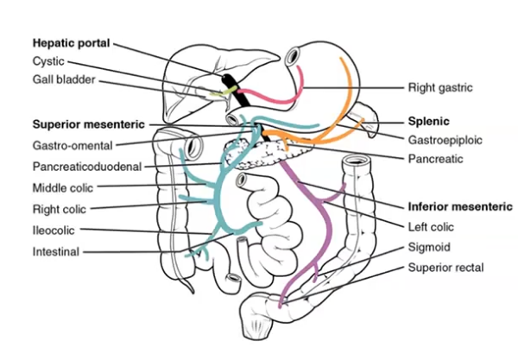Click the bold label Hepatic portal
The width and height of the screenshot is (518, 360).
coord(72,42)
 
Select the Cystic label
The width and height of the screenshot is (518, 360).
coord(48,61)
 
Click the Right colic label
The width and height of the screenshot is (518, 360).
coord(60,208)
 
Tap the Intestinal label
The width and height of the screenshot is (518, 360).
coord(56,251)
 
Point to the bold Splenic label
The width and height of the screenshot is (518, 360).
coord(429,122)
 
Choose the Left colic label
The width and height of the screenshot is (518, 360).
coord(431,227)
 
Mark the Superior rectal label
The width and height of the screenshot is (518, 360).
coord(445,268)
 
